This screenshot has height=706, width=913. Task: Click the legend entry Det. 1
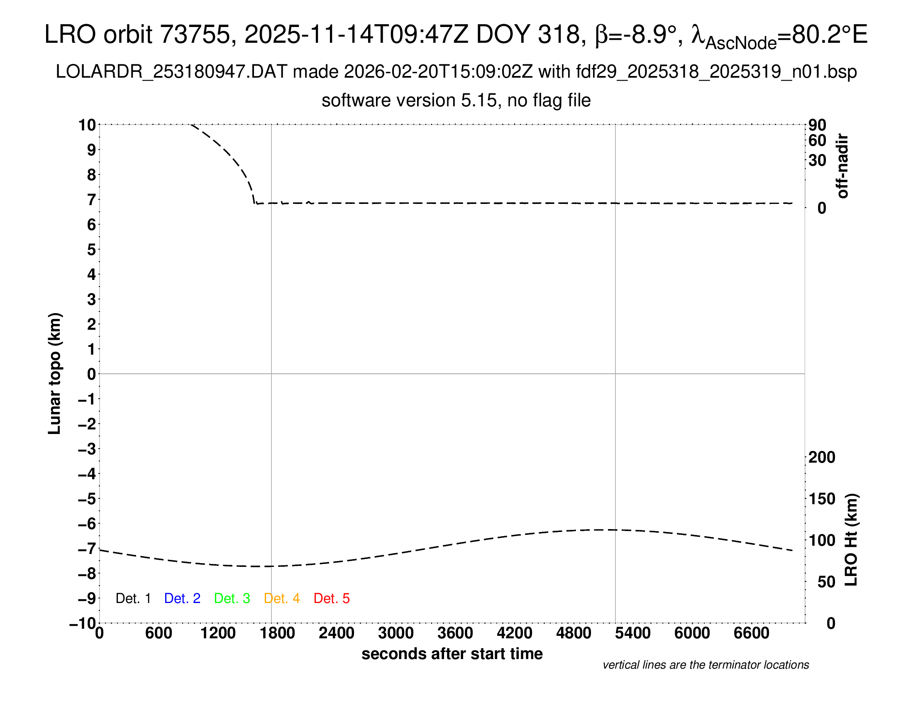tap(133, 598)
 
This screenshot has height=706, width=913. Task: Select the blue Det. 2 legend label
tap(182, 598)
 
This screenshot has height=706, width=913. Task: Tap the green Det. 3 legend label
tap(232, 598)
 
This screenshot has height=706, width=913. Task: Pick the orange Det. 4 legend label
tap(282, 598)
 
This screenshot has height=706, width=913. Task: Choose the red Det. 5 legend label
tap(332, 598)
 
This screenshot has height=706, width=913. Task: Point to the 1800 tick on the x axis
tap(277, 633)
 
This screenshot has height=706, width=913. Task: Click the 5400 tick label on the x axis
tap(632, 633)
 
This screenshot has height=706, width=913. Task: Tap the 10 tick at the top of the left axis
tap(87, 125)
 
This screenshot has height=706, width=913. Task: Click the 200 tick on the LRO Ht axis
tap(822, 457)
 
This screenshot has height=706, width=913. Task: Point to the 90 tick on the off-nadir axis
tap(817, 125)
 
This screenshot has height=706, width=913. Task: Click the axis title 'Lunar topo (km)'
tap(55, 373)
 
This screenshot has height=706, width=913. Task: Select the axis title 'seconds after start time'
tap(452, 654)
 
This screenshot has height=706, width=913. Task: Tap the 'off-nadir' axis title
tap(843, 166)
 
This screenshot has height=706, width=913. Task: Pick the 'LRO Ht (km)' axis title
tap(851, 540)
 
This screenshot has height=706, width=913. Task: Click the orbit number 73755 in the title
tap(195, 34)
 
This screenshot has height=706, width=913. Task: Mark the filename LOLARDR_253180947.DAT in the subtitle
tap(171, 72)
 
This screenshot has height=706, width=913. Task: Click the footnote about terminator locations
tap(705, 665)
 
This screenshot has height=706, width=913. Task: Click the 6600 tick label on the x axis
tap(751, 633)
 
